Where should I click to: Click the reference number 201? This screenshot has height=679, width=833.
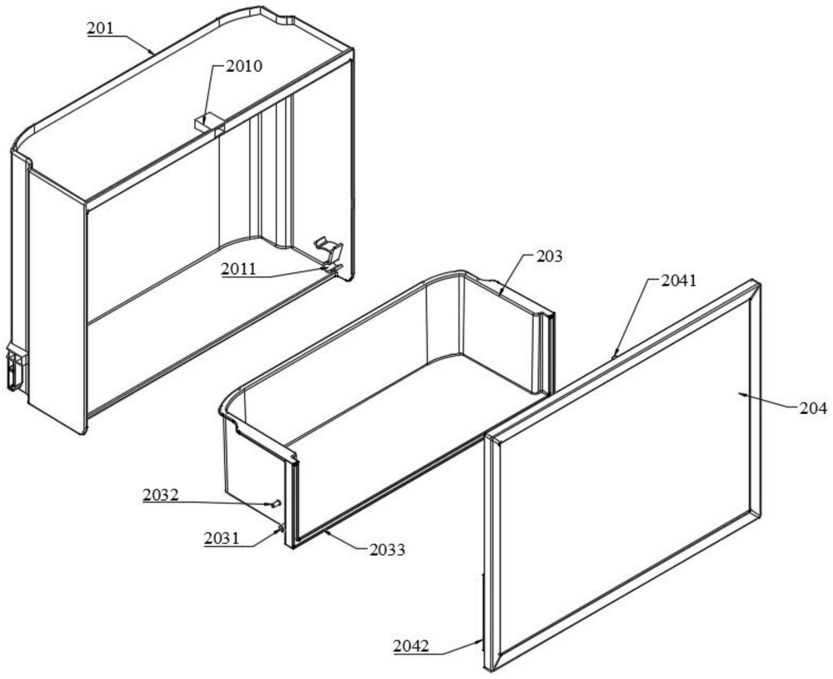100,28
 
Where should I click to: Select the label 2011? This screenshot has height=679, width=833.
238,269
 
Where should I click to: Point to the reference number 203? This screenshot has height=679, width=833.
549,256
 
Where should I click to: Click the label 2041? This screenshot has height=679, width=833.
678,281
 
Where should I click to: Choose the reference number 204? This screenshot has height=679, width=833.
813,409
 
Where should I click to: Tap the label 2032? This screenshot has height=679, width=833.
160,495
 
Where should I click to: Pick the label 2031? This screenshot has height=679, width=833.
221,539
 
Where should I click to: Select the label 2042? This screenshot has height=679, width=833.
411,646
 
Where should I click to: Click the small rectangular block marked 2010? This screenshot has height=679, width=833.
209,123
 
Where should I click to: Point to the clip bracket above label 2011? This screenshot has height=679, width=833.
329,250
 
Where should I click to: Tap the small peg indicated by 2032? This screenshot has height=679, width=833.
277,503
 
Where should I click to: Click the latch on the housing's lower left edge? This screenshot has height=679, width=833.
17,367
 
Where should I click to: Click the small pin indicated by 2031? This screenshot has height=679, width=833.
281,529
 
